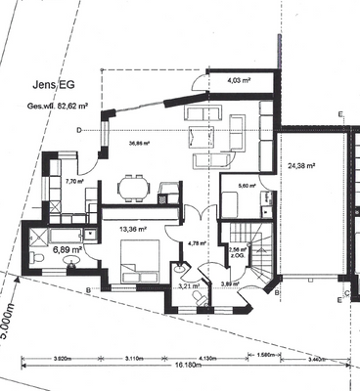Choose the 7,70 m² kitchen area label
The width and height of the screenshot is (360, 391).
pos(75,181)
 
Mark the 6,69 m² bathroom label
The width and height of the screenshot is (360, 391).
pos(67,250)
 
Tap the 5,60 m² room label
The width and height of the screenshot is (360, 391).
pos(247,185)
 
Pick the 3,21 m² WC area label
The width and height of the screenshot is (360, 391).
pos(189,286)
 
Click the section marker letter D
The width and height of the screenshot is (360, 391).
pos(78,128)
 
